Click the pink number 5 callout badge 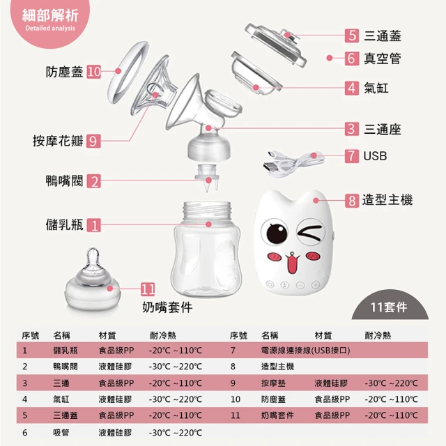pos(352,36)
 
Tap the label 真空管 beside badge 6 pos(383,59)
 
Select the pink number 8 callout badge pos(352,201)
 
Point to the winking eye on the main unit pos(310,231)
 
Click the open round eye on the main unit pos(275,232)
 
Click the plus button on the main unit pos(316,284)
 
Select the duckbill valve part pos(208,178)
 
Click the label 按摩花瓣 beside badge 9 pos(58,141)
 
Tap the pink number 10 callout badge pos(93,72)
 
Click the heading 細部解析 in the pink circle pos(50,15)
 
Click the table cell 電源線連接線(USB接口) pos(305,350)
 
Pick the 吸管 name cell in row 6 pos(61,433)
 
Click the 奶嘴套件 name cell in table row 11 pos(277,415)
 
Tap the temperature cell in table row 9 pos(392,383)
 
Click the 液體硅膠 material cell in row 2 pos(115,367)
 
